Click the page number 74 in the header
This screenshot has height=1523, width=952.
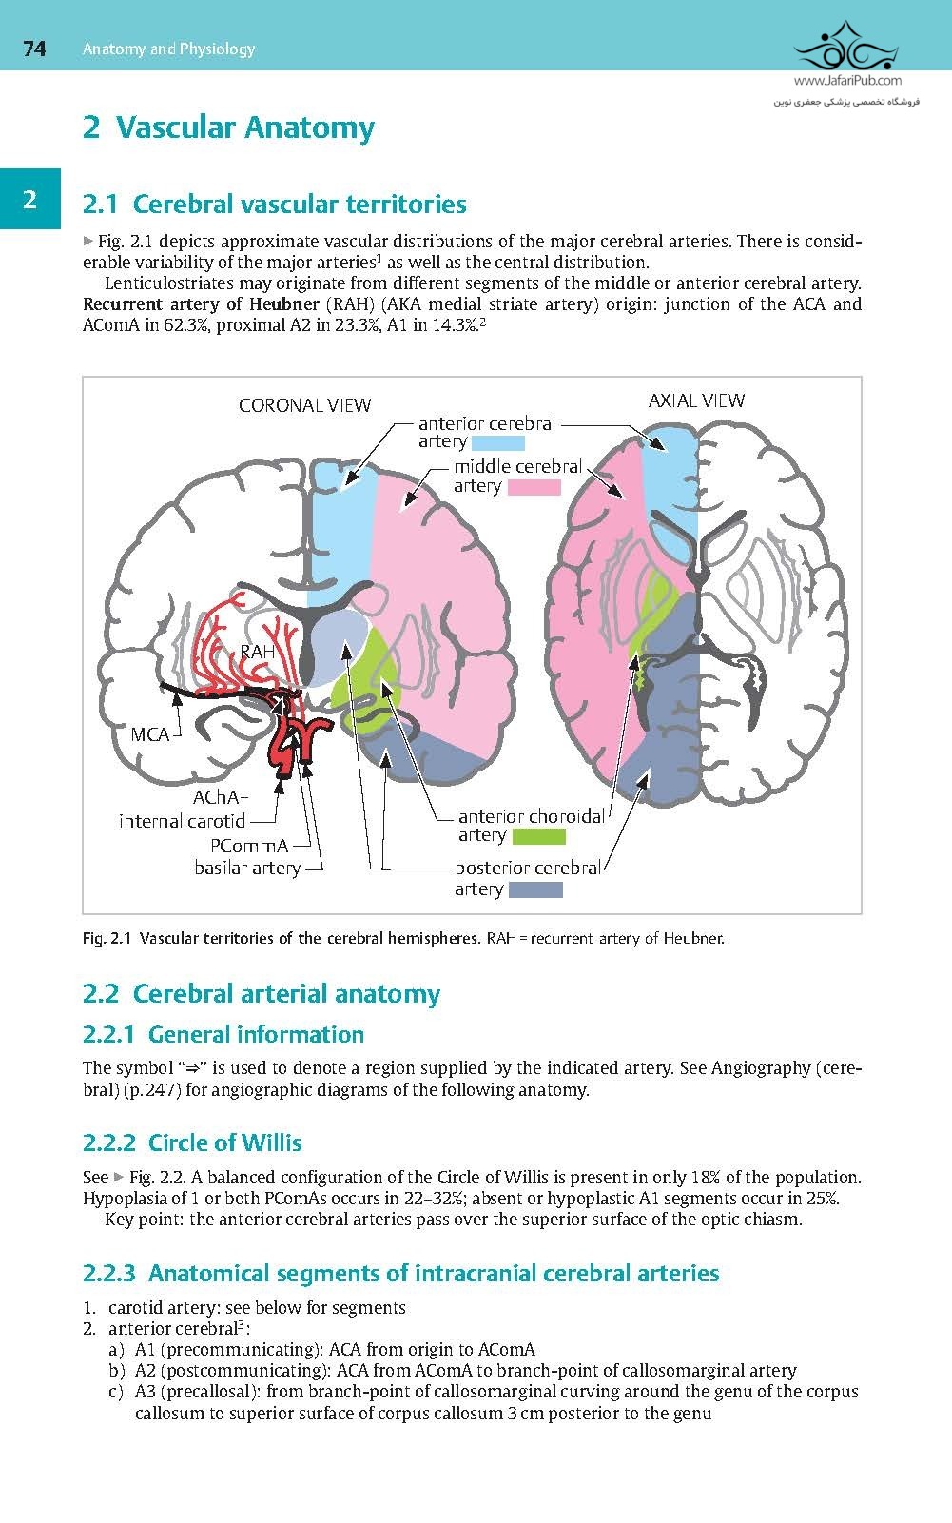click(x=34, y=49)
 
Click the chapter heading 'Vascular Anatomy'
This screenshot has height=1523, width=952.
click(x=228, y=127)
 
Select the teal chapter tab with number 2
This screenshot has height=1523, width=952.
click(x=29, y=199)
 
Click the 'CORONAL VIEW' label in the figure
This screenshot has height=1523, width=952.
click(x=304, y=406)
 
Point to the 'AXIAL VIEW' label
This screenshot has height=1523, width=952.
click(x=696, y=400)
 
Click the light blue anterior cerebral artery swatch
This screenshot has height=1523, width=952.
click(x=496, y=442)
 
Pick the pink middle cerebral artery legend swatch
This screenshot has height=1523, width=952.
click(x=534, y=487)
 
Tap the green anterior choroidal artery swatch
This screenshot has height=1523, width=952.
click(x=538, y=836)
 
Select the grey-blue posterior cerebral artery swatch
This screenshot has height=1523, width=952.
click(x=535, y=890)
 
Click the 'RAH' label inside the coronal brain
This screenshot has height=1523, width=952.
click(x=257, y=653)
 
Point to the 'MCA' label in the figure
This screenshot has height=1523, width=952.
click(x=149, y=734)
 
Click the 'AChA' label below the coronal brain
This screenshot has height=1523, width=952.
click(x=221, y=797)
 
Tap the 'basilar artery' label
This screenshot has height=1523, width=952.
click(x=247, y=868)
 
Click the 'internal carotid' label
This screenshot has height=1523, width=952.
click(x=182, y=821)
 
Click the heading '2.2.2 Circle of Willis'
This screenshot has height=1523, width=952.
click(x=192, y=1142)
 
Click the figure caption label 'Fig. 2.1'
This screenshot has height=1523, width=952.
click(x=106, y=939)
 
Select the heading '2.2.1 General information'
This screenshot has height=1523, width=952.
click(x=223, y=1034)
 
